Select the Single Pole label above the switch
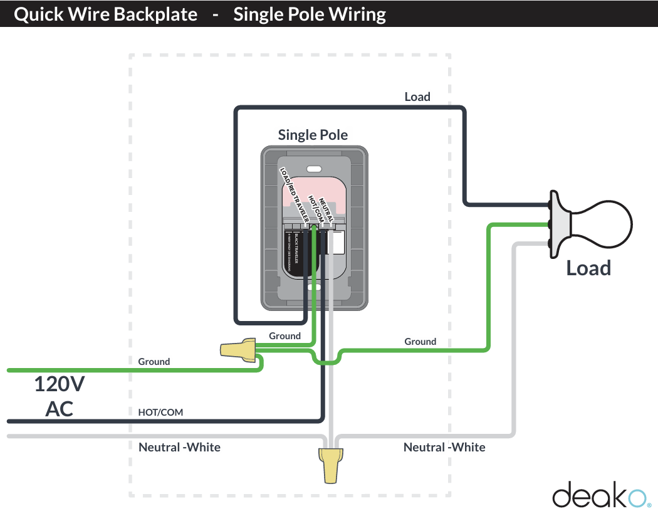click(x=313, y=135)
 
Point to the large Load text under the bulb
click(x=588, y=268)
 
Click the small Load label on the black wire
click(x=417, y=97)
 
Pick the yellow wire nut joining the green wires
click(x=239, y=349)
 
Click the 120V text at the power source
click(x=59, y=384)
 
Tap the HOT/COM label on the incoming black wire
click(x=160, y=412)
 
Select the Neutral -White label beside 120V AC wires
click(x=179, y=447)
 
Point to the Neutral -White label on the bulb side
click(x=444, y=447)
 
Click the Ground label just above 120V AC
click(x=154, y=362)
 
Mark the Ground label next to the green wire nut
click(x=285, y=336)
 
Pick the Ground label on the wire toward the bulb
click(x=420, y=342)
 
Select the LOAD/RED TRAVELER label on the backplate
click(x=294, y=194)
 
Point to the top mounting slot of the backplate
click(x=314, y=168)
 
